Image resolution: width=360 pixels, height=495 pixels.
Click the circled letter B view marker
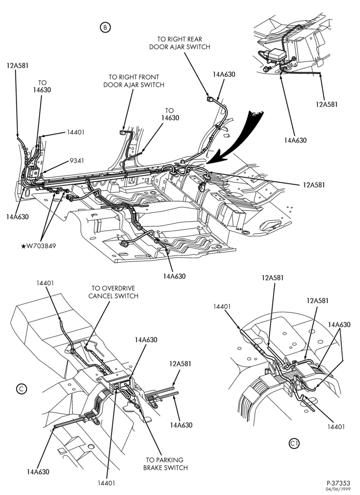pyautogui.click(x=105, y=27)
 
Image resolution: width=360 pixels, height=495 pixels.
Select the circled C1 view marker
pyautogui.click(x=294, y=444)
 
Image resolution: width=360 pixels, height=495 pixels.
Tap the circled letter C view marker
pyautogui.click(x=21, y=389)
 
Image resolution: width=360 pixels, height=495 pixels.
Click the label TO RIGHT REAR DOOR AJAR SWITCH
pyautogui.click(x=180, y=43)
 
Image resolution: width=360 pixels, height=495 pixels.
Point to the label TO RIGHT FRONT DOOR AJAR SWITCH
pyautogui.click(x=134, y=81)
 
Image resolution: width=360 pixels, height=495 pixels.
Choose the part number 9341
pyautogui.click(x=77, y=161)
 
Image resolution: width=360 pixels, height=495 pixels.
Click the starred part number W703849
pyautogui.click(x=39, y=246)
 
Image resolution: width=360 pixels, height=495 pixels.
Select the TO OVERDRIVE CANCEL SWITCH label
pyautogui.click(x=113, y=292)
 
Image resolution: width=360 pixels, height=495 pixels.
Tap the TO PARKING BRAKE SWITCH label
pyautogui.click(x=165, y=464)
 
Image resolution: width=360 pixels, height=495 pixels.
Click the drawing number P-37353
pyautogui.click(x=338, y=483)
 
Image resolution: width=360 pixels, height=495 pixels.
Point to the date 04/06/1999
pyautogui.click(x=340, y=489)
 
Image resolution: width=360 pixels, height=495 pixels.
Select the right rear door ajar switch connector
pyautogui.click(x=210, y=99)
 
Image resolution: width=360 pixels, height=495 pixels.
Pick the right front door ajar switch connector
pyautogui.click(x=123, y=132)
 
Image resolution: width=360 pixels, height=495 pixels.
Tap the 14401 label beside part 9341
pyautogui.click(x=75, y=132)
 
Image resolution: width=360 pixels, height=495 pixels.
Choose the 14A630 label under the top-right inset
pyautogui.click(x=295, y=140)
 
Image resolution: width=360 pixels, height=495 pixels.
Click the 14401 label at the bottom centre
pyautogui.click(x=106, y=483)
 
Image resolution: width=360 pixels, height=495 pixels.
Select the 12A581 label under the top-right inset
pyautogui.click(x=326, y=104)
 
